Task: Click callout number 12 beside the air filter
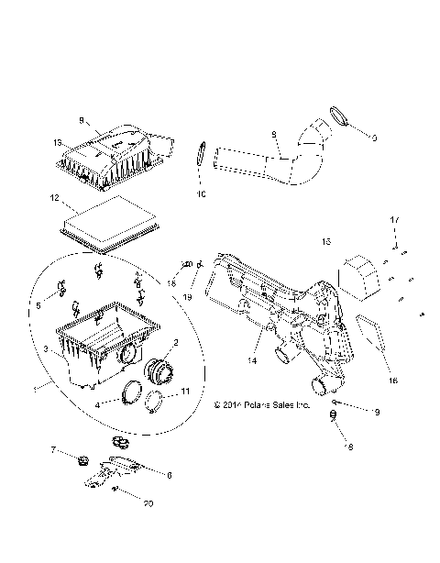(x=55, y=198)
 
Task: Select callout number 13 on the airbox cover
(x=57, y=142)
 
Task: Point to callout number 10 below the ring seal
(x=202, y=194)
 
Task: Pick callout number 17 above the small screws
(x=396, y=220)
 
